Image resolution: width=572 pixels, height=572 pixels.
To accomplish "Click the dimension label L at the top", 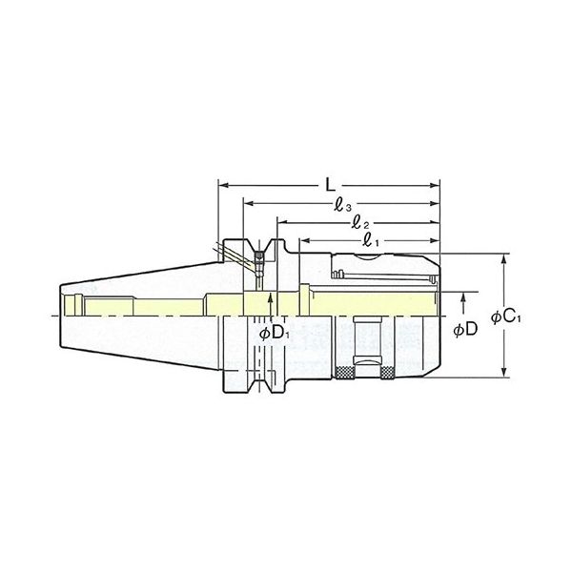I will tap(327, 179).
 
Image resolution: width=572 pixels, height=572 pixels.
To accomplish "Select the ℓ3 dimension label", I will tap(344, 203).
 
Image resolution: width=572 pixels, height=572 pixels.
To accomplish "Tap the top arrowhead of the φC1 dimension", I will tap(502, 257).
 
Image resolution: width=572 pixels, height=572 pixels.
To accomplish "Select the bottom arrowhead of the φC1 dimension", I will tap(502, 376).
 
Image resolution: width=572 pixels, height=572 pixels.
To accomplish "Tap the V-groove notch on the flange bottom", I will tap(256, 387).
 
